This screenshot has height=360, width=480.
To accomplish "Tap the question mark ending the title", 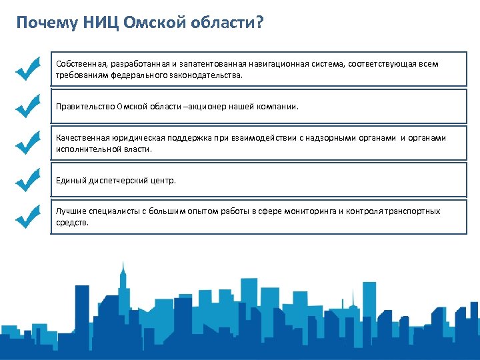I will [259, 23].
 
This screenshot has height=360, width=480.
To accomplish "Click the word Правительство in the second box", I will [85, 106].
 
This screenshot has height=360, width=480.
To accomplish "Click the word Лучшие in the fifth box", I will [71, 211].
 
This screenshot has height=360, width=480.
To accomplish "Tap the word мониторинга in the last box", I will [310, 211].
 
